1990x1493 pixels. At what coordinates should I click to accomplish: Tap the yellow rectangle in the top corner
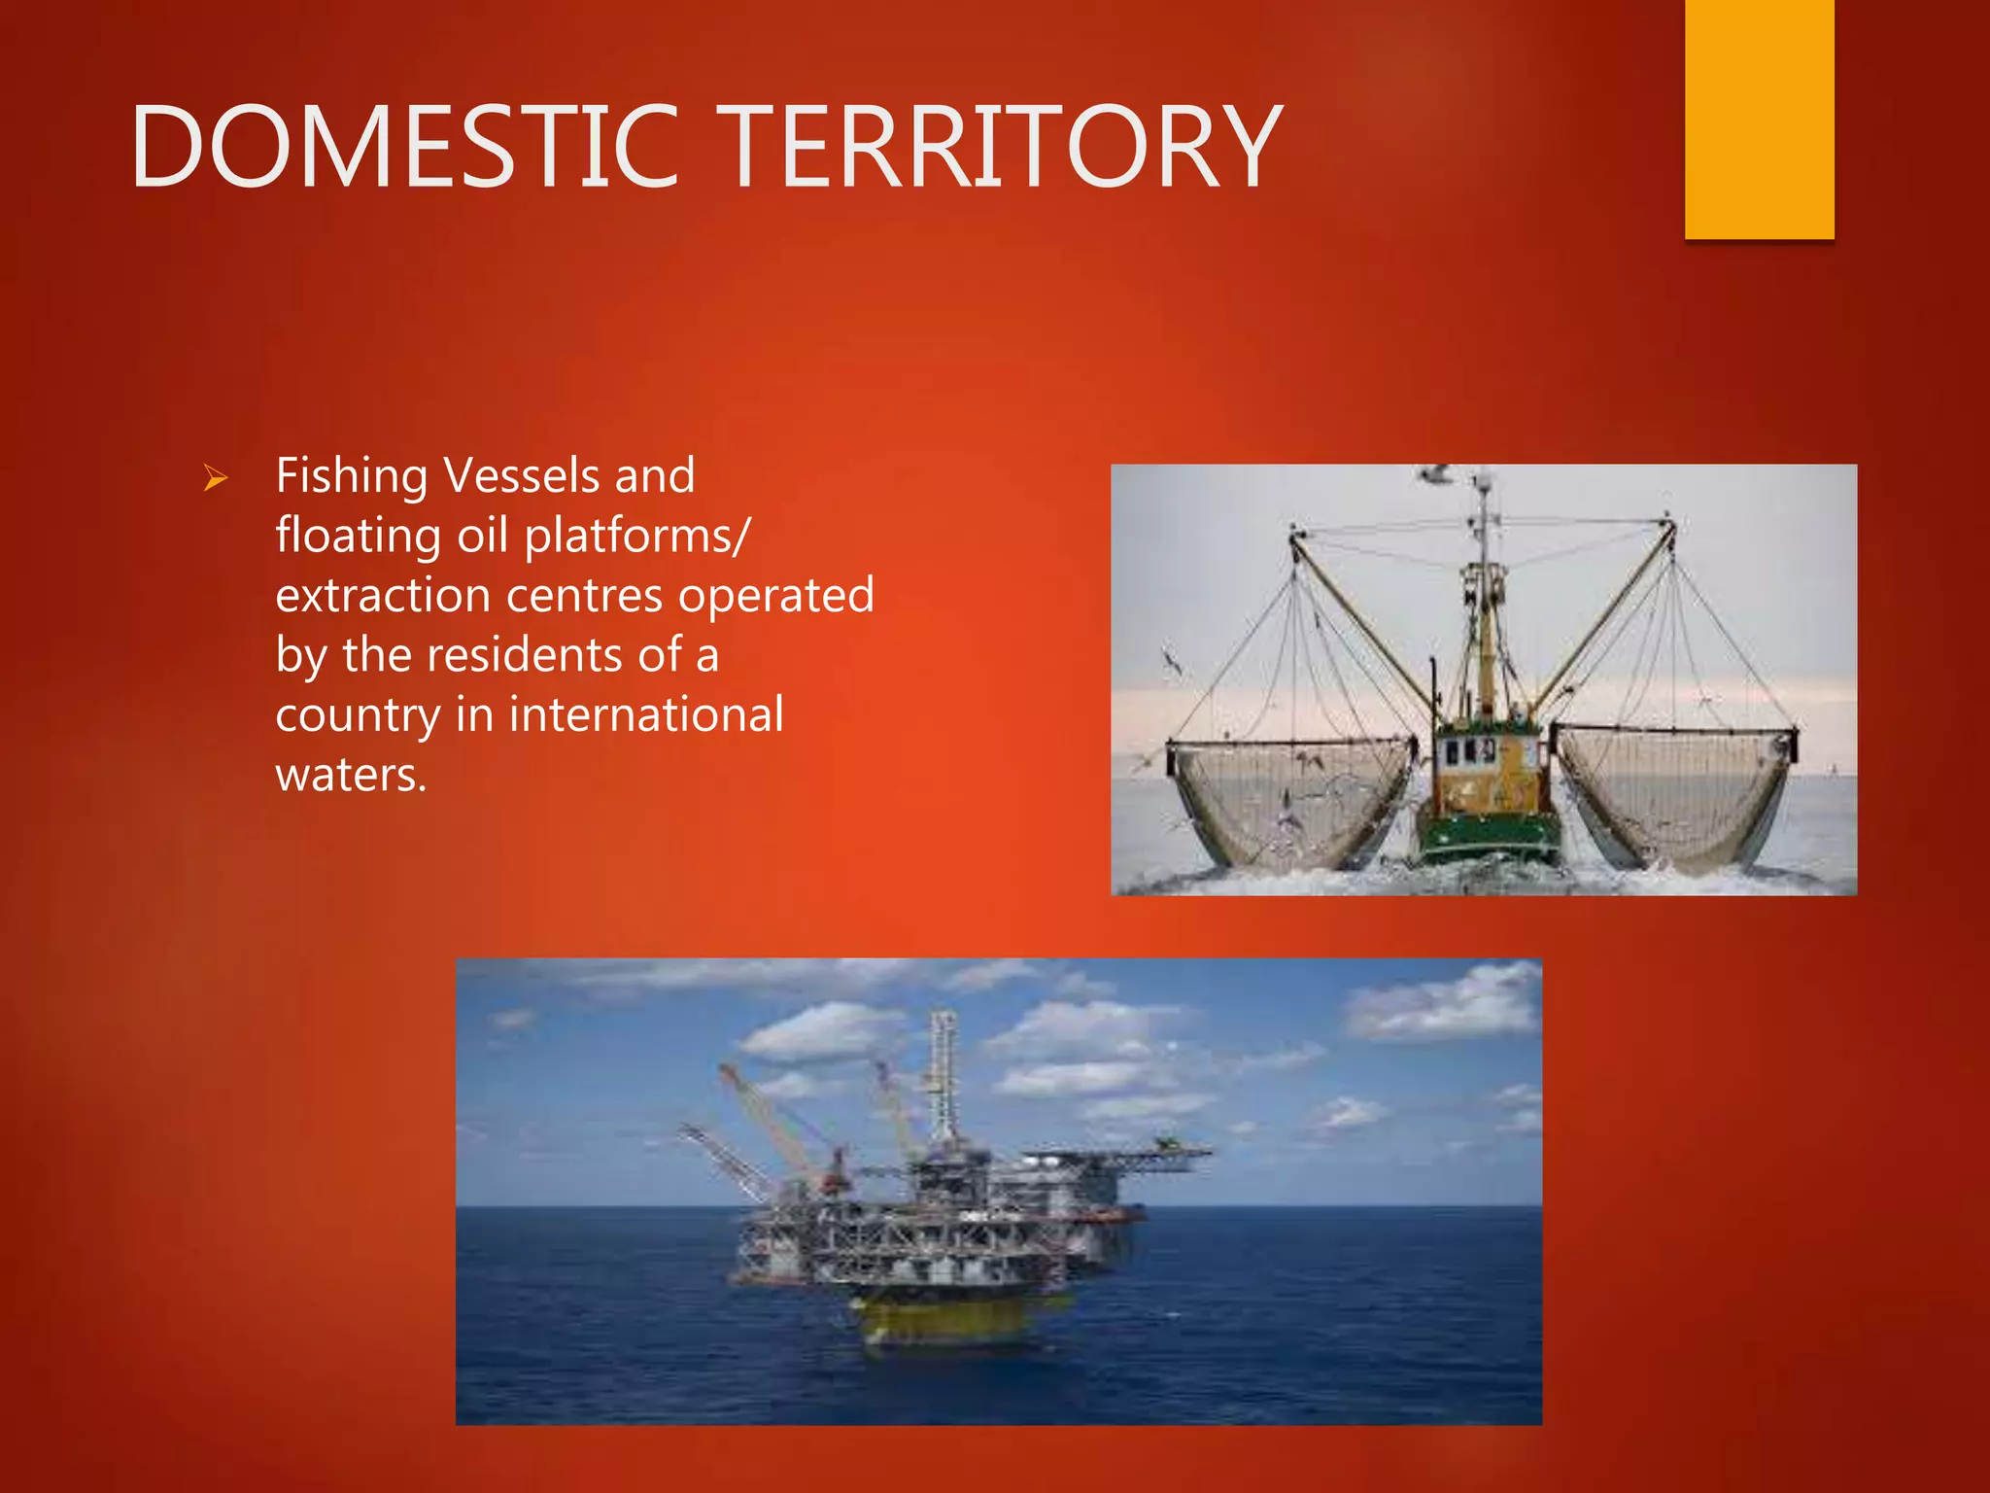click(1759, 117)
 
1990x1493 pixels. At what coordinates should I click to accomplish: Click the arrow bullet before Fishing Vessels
click(215, 478)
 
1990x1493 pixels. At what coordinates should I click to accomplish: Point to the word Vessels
click(521, 476)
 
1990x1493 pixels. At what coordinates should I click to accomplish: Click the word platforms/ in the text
click(637, 537)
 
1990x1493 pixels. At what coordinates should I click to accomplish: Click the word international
click(646, 715)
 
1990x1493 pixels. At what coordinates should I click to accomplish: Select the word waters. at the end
click(351, 776)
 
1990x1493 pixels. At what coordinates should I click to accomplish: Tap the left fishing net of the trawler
click(1292, 797)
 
